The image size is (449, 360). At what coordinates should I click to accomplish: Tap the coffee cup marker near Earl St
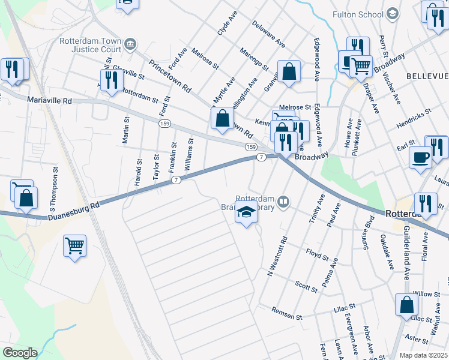pos(420,158)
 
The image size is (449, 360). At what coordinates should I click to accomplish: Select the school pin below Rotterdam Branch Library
pos(246,213)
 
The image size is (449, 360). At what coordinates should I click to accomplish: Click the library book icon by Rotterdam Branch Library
pos(284,203)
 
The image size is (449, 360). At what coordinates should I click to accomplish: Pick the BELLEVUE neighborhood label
pos(427,76)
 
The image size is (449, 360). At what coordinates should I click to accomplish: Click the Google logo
pos(20,353)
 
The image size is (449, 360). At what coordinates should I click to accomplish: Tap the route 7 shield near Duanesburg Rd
pos(175,180)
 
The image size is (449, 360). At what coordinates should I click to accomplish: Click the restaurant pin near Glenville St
pos(111,80)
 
